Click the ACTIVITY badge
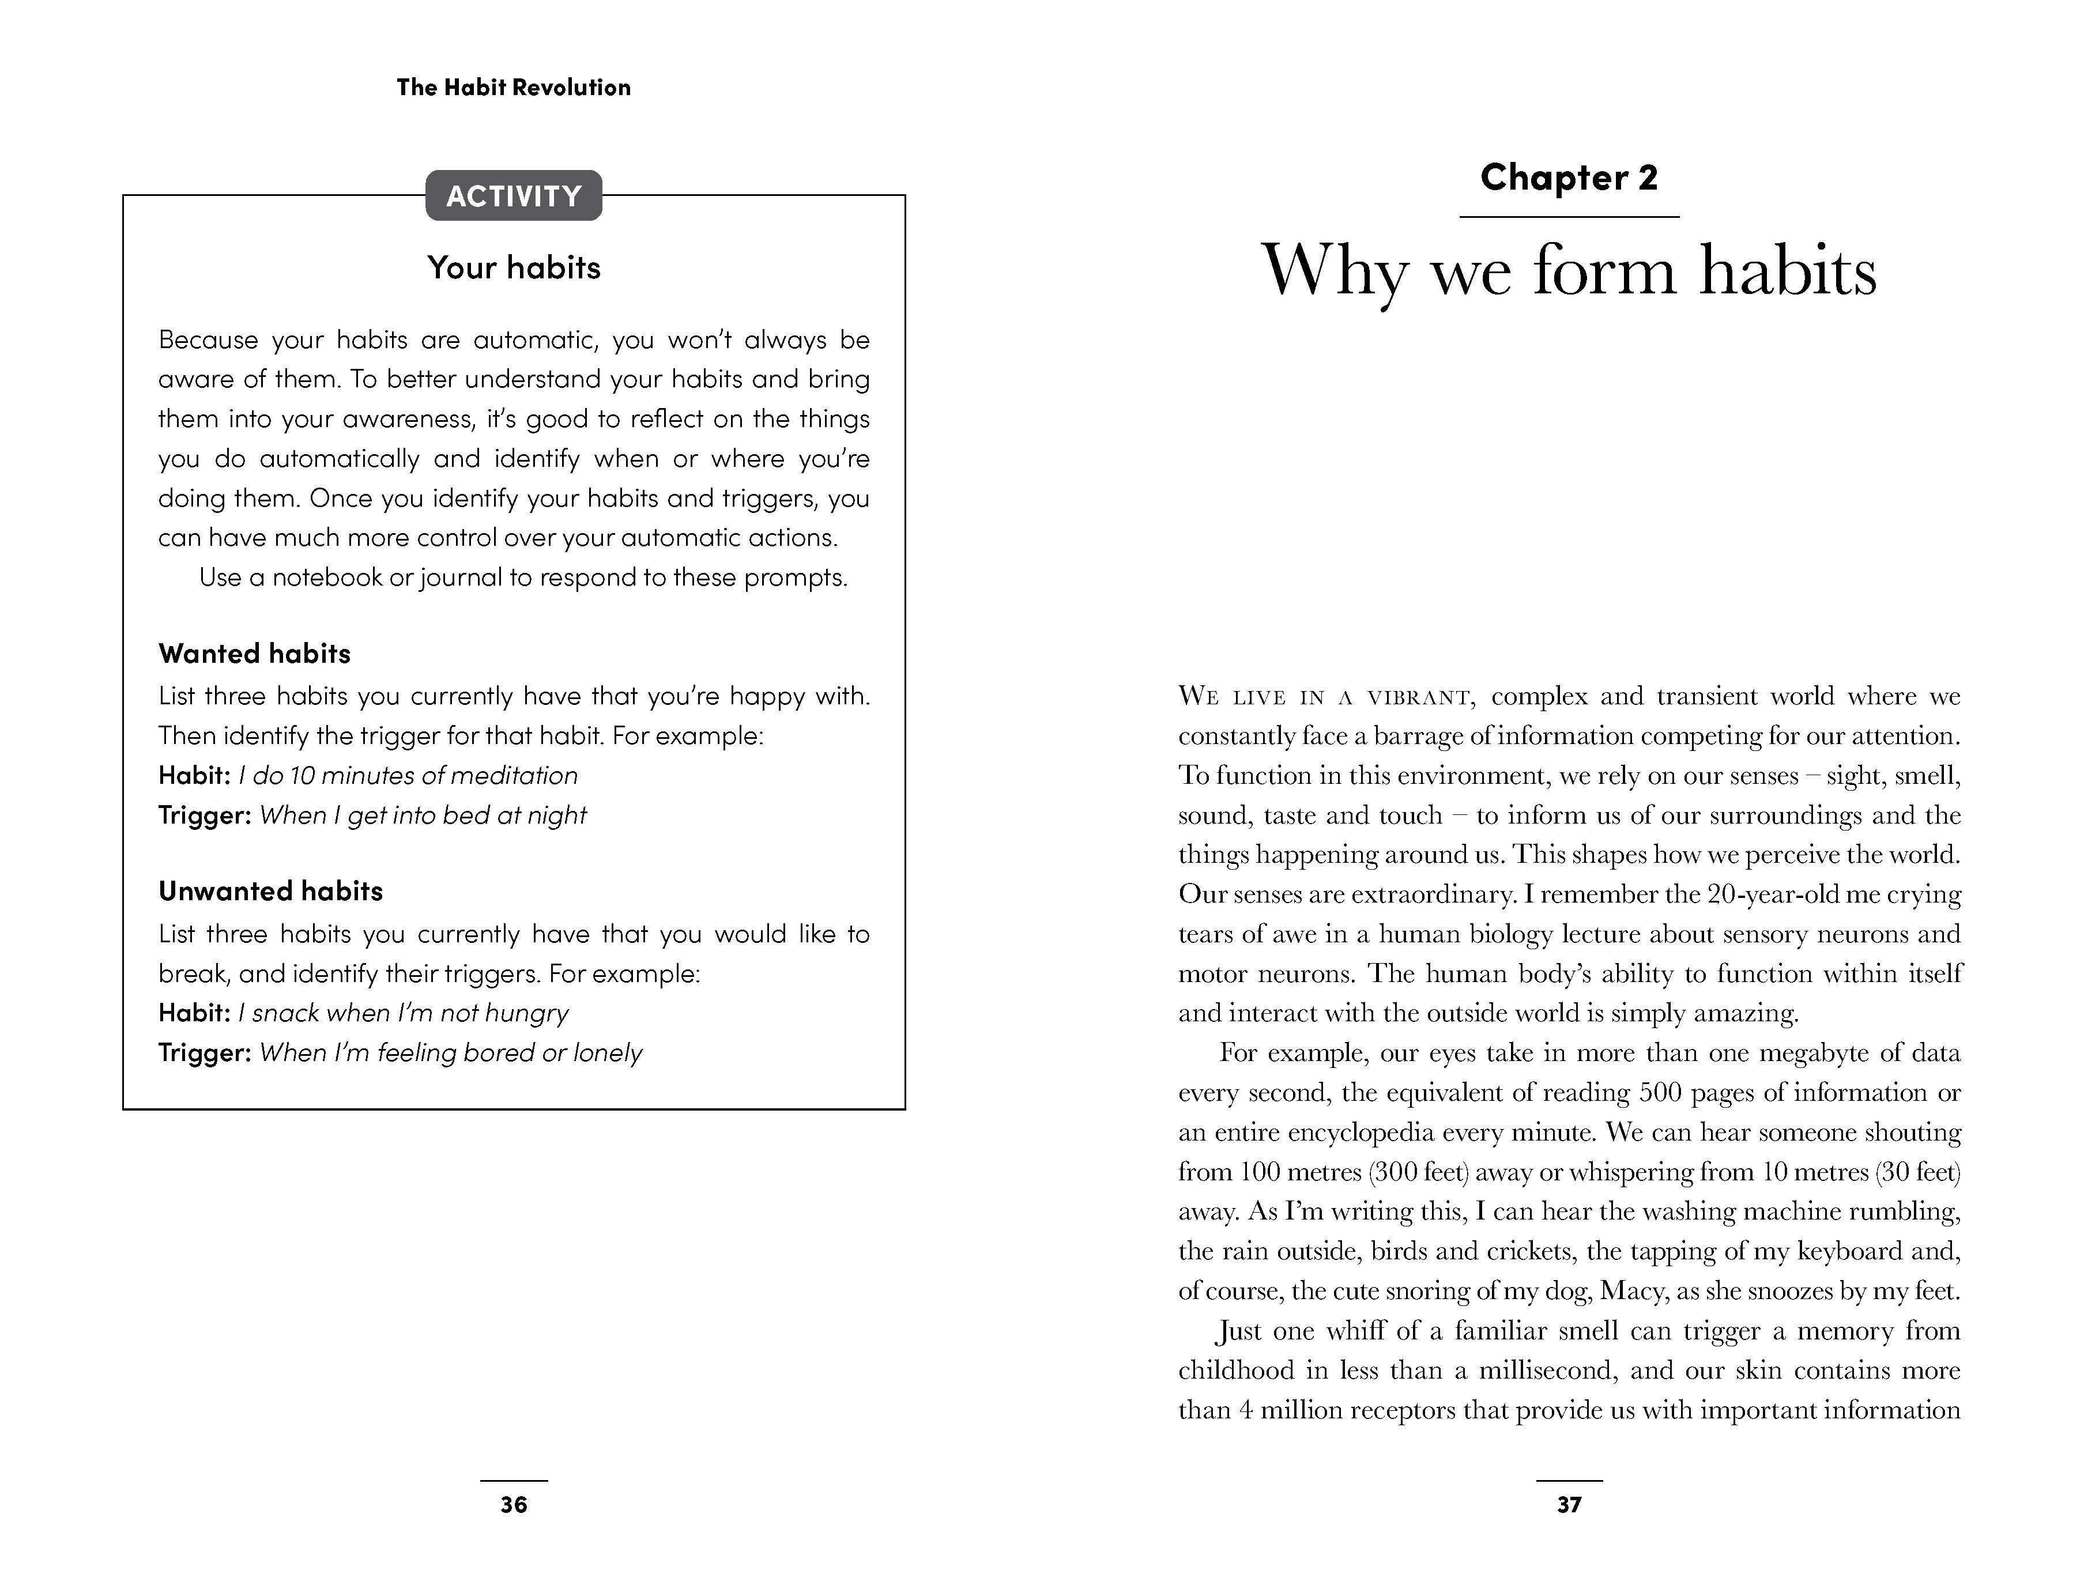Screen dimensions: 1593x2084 (x=513, y=197)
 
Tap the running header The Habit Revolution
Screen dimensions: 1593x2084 (x=513, y=87)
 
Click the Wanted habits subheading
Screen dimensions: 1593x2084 (x=254, y=654)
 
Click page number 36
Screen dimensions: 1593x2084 (x=513, y=1505)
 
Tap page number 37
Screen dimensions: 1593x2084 (x=1569, y=1505)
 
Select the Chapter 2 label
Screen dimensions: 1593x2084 (x=1569, y=178)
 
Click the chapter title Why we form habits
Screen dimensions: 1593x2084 (x=1569, y=271)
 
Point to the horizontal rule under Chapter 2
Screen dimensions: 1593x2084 (x=1569, y=217)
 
